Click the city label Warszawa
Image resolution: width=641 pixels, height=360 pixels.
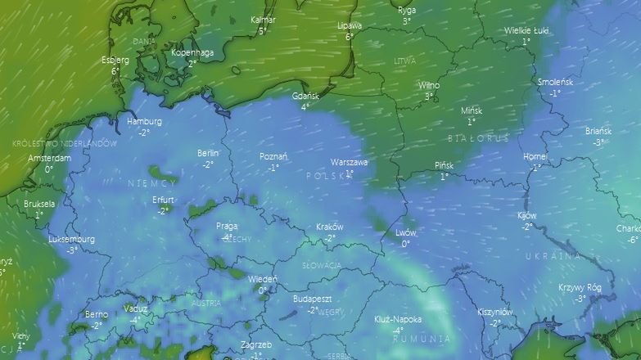pyautogui.click(x=349, y=162)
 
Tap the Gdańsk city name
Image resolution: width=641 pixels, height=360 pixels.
pyautogui.click(x=305, y=96)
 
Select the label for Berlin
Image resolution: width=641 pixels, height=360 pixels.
pyautogui.click(x=208, y=153)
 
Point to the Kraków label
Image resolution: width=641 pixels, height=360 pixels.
pyautogui.click(x=329, y=227)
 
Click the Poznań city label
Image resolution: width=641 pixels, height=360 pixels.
pyautogui.click(x=273, y=156)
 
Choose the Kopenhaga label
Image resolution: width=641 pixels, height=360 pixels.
pyautogui.click(x=192, y=53)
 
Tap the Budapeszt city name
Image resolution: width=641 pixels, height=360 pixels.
pyautogui.click(x=312, y=299)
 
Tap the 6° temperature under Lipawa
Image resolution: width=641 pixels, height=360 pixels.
pyautogui.click(x=350, y=37)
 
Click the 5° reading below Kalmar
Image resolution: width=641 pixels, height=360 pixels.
pyautogui.click(x=263, y=31)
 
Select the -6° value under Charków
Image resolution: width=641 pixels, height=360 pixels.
pyautogui.click(x=632, y=240)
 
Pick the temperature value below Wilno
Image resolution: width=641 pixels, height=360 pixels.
pyautogui.click(x=428, y=97)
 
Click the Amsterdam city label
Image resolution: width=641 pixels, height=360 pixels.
pyautogui.click(x=49, y=159)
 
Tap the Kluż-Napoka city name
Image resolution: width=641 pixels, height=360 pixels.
pyautogui.click(x=397, y=320)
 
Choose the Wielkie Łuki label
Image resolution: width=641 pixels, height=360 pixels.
pyautogui.click(x=526, y=31)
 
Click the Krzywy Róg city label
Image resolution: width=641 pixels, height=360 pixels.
pyautogui.click(x=580, y=288)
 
